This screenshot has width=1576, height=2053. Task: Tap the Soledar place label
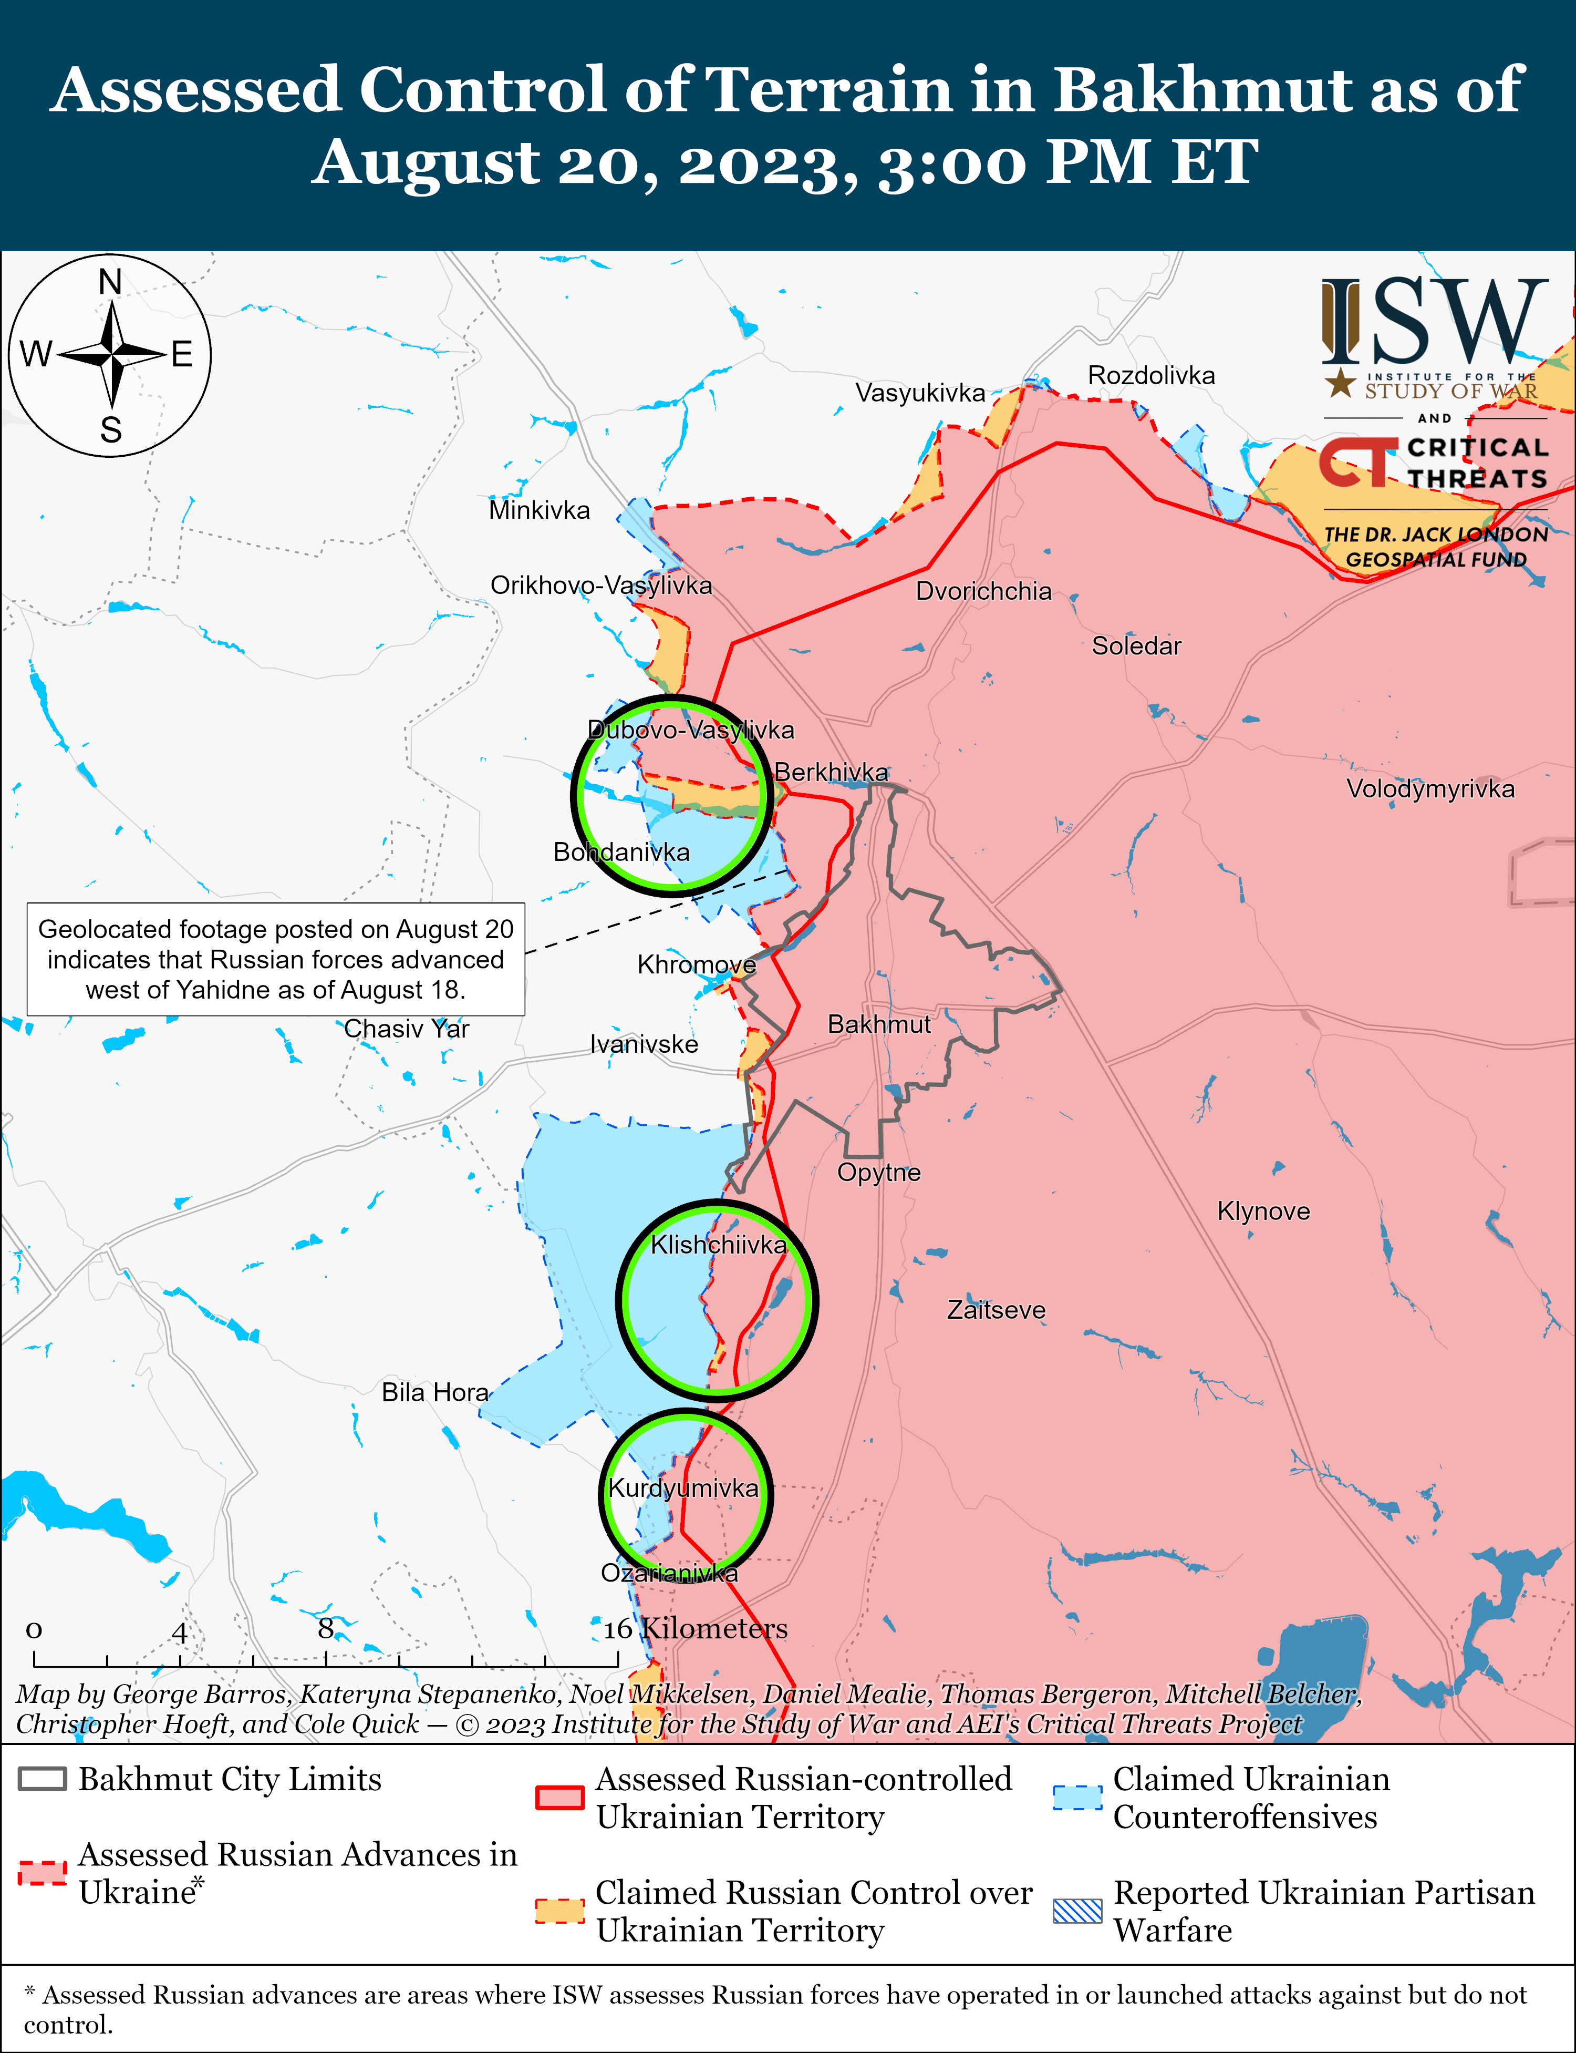click(x=1136, y=645)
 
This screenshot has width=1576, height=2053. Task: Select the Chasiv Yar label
click(x=406, y=1029)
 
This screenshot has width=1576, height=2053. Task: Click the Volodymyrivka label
click(x=1429, y=788)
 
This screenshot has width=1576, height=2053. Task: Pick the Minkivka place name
click(x=540, y=510)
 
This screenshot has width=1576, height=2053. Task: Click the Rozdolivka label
click(x=1151, y=375)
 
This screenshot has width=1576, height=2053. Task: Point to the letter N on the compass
click(x=111, y=282)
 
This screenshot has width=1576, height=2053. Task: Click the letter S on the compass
click(x=111, y=430)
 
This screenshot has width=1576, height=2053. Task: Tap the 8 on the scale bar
click(x=326, y=1628)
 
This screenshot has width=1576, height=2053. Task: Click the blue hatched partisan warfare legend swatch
click(x=1077, y=1911)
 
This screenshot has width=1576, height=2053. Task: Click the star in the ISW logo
click(x=1341, y=382)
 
